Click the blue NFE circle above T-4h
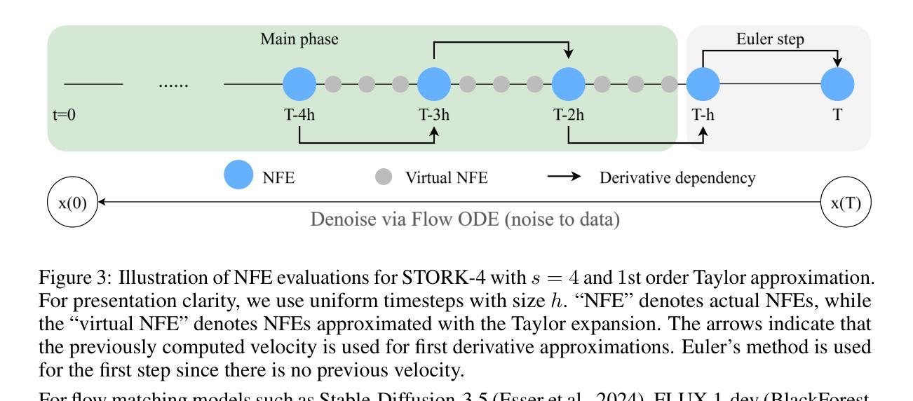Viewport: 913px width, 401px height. [299, 85]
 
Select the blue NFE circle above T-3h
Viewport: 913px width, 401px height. [434, 85]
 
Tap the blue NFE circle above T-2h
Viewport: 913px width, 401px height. [569, 85]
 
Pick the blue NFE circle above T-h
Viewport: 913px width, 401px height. [703, 85]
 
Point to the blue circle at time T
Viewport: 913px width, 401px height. [837, 85]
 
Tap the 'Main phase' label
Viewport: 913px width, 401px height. [299, 40]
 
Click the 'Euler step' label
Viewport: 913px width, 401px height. [770, 39]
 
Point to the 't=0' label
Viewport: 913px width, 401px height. [65, 116]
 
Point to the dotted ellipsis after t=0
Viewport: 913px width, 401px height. [173, 85]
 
